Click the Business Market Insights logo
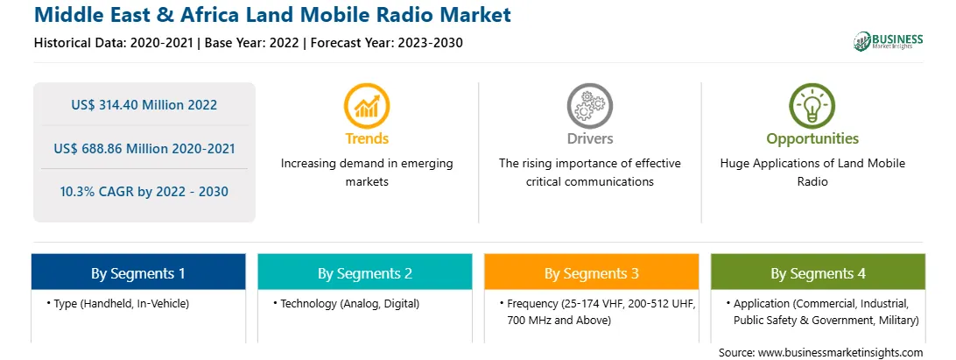pos(888,41)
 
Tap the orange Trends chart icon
pos(367,106)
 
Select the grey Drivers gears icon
pos(589,106)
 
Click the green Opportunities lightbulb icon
pos(812,106)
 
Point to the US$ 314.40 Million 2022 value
pos(144,105)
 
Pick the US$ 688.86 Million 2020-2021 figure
pos(144,148)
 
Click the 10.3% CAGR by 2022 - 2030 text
pos(144,192)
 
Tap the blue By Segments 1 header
pos(138,272)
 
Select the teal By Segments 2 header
pos(364,272)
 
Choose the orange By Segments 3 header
pos(592,272)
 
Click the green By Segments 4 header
pos(819,272)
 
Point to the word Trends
pos(367,138)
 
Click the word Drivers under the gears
pos(589,138)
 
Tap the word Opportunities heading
pos(812,139)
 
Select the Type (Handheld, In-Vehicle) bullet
pos(117,304)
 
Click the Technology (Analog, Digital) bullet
pos(347,304)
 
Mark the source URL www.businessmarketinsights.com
pos(841,352)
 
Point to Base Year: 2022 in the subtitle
pos(252,43)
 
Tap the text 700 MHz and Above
pos(559,321)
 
